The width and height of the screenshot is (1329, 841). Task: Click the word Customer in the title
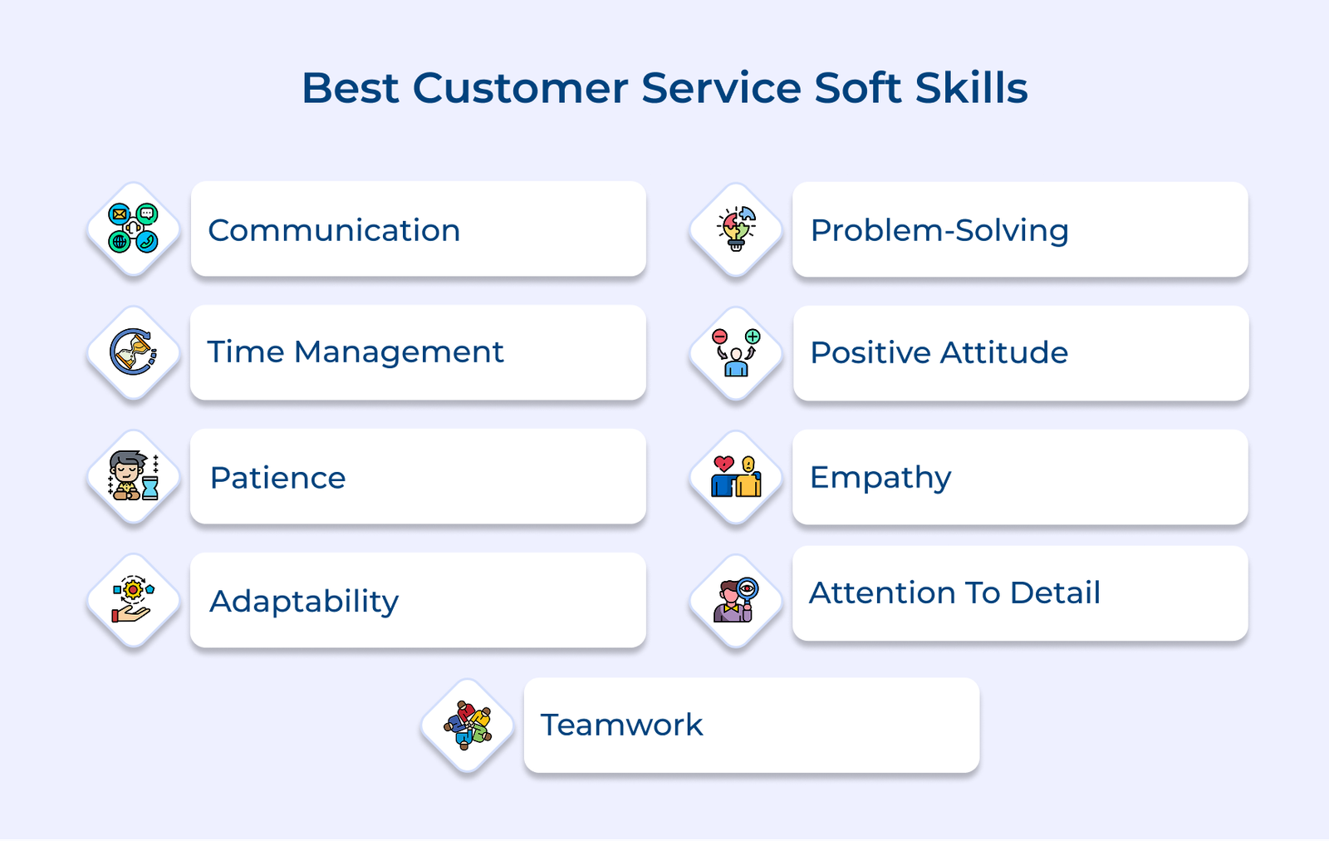pyautogui.click(x=520, y=88)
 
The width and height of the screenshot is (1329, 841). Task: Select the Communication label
pyautogui.click(x=334, y=230)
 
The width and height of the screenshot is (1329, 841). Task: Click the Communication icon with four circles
pyautogui.click(x=133, y=229)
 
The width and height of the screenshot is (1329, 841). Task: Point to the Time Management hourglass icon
pyautogui.click(x=133, y=352)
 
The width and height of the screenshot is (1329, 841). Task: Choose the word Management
pyautogui.click(x=399, y=352)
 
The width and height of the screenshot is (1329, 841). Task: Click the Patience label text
pyautogui.click(x=277, y=478)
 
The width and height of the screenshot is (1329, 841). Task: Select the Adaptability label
pyautogui.click(x=304, y=601)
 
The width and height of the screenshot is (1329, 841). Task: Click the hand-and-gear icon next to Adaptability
pyautogui.click(x=133, y=601)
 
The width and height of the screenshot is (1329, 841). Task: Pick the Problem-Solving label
pyautogui.click(x=939, y=230)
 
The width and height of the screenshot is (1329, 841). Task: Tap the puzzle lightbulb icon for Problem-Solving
pyautogui.click(x=736, y=229)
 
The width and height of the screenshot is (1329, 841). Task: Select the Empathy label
pyautogui.click(x=880, y=478)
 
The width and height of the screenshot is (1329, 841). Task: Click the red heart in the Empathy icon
pyautogui.click(x=723, y=464)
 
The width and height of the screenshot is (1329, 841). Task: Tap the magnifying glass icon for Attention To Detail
pyautogui.click(x=747, y=589)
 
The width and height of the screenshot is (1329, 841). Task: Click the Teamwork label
pyautogui.click(x=621, y=725)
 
